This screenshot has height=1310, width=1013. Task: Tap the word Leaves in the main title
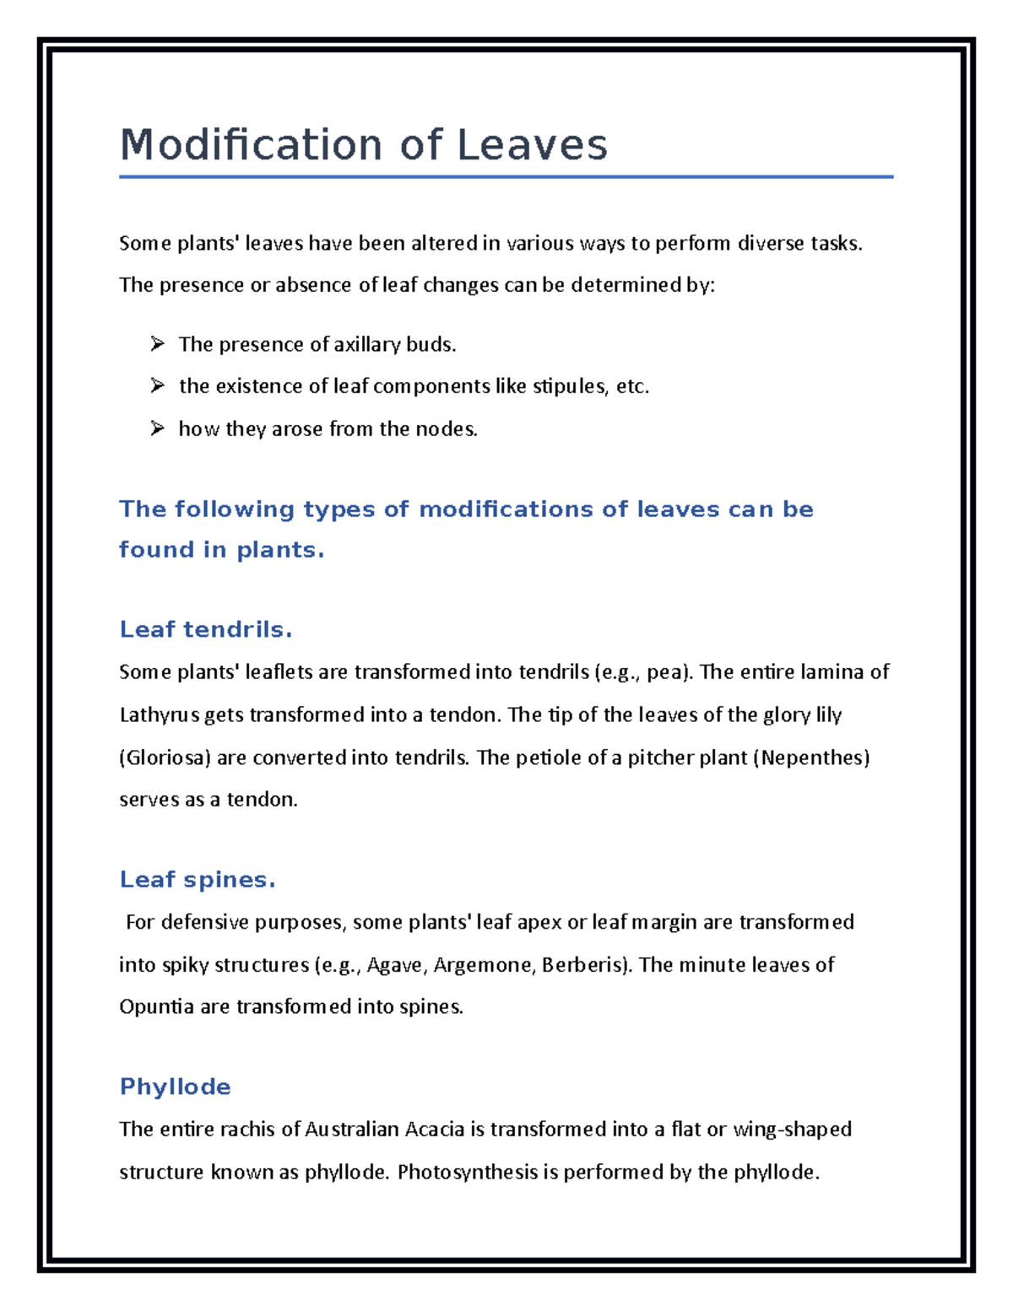point(532,145)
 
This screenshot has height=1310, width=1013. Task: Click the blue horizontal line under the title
point(506,177)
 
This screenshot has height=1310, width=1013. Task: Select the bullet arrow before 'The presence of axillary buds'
point(157,343)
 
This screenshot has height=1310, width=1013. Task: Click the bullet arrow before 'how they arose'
point(157,429)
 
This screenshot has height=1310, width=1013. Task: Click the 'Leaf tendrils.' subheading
point(206,629)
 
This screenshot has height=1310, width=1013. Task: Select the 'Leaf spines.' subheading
point(198,880)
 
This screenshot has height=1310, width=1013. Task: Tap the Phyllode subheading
point(175,1086)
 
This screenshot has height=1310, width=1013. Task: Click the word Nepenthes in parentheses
point(815,757)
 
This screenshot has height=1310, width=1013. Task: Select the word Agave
point(394,965)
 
